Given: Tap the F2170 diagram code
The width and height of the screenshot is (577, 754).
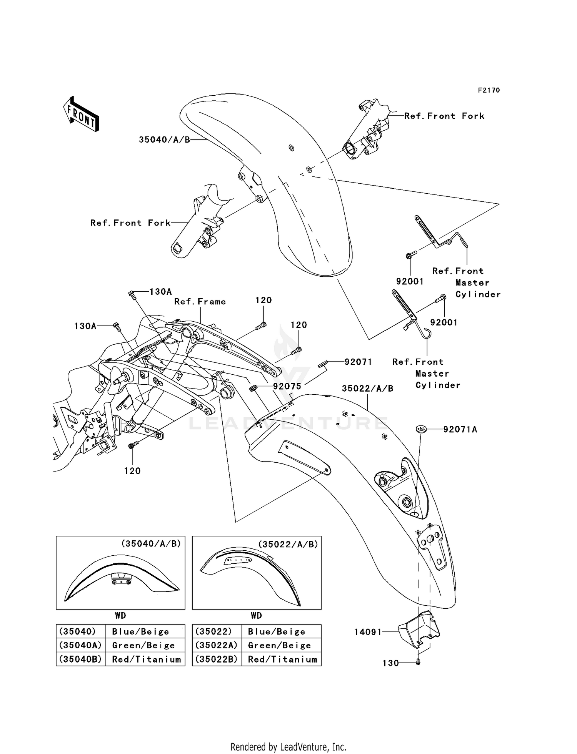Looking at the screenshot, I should click(489, 90).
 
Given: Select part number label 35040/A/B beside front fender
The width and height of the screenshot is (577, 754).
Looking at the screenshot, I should click(164, 140).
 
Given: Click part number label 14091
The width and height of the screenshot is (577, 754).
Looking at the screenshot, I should click(368, 632).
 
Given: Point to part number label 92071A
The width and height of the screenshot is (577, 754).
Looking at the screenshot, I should click(460, 429).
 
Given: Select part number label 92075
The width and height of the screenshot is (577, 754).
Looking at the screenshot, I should click(287, 386).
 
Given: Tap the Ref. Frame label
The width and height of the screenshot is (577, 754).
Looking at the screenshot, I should click(200, 302).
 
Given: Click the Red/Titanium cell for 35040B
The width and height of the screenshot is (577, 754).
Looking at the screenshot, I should click(146, 659).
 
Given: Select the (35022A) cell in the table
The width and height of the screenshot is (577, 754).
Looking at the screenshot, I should click(217, 645).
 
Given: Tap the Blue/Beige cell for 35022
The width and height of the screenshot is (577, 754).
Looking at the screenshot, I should click(277, 631).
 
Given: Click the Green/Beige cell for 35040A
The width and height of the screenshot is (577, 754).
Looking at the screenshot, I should click(143, 645).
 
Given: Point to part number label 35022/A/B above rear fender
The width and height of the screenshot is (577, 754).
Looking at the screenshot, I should click(367, 389).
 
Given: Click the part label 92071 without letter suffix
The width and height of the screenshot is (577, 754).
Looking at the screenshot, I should click(358, 362).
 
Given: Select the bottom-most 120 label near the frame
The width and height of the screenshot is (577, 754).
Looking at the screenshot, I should click(132, 471).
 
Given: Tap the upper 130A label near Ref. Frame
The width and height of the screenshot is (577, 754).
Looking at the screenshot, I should click(160, 292).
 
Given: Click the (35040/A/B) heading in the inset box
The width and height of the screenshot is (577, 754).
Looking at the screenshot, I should click(151, 544).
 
